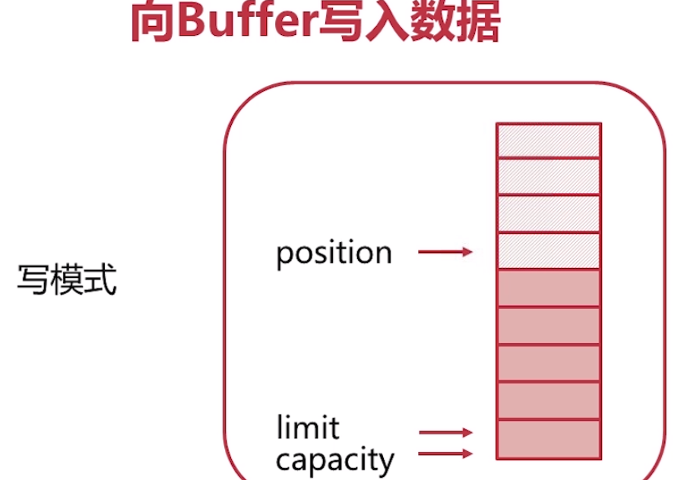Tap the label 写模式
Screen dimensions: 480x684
[x=67, y=283]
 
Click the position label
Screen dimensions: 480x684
[x=334, y=254]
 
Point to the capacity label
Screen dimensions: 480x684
[x=335, y=459]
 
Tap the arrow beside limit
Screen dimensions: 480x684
[x=445, y=432]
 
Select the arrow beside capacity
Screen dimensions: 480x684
[x=445, y=454]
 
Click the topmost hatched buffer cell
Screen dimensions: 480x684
[x=548, y=141]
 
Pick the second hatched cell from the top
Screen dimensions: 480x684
[x=548, y=177]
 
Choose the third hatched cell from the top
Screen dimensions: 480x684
[x=548, y=214]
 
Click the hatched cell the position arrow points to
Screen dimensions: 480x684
[x=548, y=251]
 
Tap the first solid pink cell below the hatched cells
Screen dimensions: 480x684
[x=548, y=289]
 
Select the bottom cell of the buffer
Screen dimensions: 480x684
[x=548, y=439]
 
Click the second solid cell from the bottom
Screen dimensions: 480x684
[x=548, y=400]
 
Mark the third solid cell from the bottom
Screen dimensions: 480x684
[x=548, y=363]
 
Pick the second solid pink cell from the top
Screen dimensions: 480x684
[x=548, y=326]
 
